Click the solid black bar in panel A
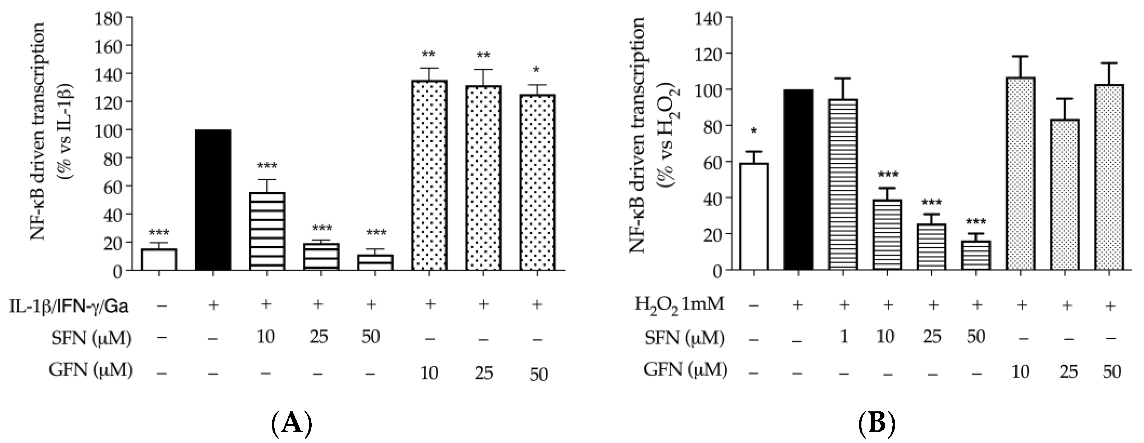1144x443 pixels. (213, 200)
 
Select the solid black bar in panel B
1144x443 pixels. (798, 180)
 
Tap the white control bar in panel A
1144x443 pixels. (159, 259)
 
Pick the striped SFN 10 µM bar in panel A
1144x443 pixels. (267, 231)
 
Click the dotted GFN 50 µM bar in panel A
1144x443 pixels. (538, 182)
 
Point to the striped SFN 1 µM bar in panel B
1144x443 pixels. (842, 184)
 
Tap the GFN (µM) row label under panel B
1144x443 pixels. (685, 370)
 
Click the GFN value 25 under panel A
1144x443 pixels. (483, 373)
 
